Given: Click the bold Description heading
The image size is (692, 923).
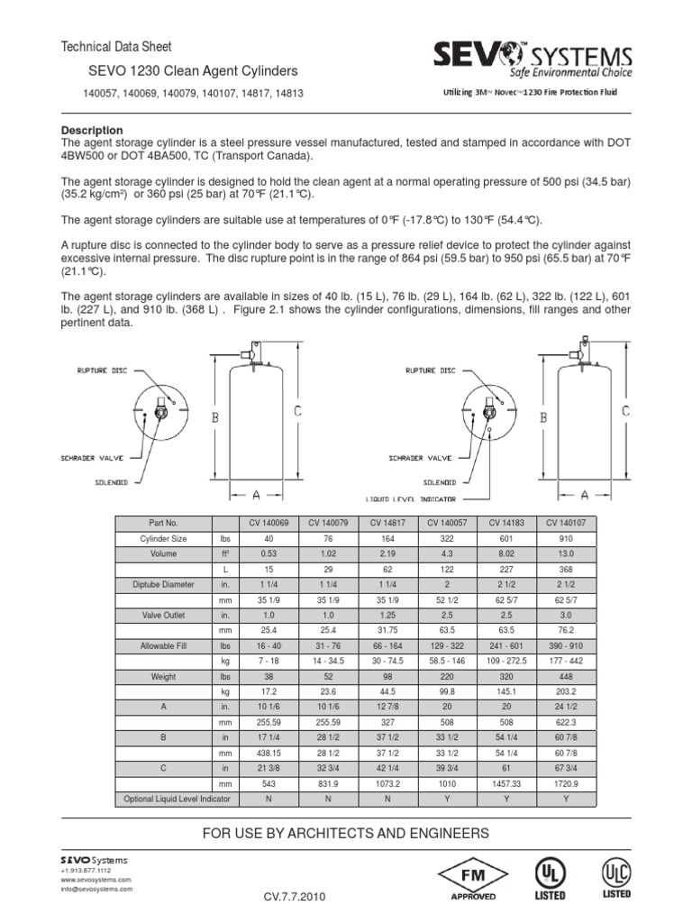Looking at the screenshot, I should point(91,131).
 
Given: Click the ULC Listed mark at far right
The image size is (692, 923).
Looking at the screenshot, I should point(616,877).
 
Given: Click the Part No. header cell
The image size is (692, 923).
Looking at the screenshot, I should point(163,523).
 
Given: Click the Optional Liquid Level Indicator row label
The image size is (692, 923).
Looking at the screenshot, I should point(163,799).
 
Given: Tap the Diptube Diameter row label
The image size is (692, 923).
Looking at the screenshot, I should point(163,585).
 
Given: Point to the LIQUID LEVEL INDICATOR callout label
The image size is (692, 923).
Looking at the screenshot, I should point(410,498).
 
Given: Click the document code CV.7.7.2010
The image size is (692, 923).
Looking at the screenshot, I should point(295,898).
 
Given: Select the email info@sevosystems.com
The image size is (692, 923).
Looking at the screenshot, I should point(96,889).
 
